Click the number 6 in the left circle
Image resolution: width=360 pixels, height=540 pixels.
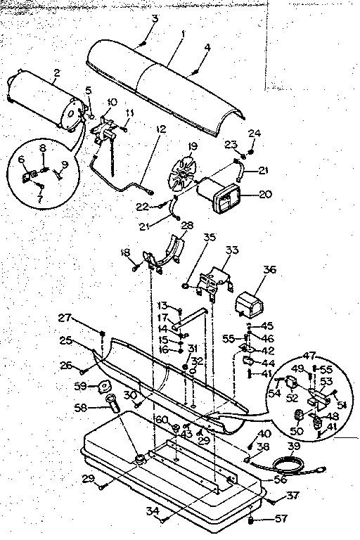22,160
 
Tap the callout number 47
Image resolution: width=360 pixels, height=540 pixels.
309,356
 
